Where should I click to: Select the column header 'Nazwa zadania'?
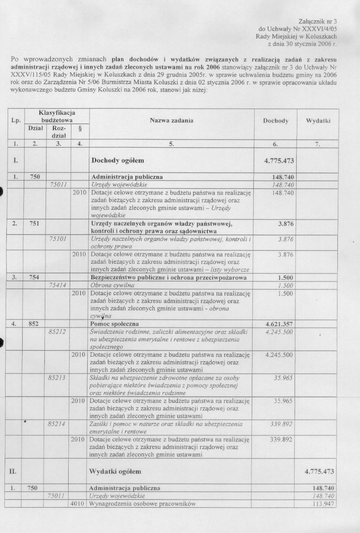171,121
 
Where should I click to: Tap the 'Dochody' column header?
276,121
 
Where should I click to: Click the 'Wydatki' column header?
318,121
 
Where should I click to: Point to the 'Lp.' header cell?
16,121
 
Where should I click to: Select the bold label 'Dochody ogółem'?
118,161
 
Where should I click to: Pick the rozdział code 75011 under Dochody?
58,185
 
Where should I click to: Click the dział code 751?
34,224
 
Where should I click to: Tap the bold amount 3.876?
285,224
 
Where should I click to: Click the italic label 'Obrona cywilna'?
112,285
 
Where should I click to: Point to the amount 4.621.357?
279,324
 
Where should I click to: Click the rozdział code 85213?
56,378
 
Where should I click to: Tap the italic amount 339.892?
281,424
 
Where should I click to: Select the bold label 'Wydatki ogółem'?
115,472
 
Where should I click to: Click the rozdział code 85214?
56,424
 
